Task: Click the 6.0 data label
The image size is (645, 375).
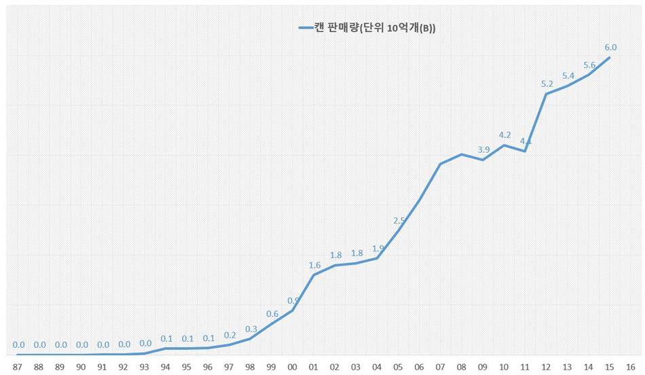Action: tap(610, 48)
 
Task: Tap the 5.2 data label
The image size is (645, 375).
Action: tap(547, 84)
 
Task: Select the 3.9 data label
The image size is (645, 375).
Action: tap(483, 149)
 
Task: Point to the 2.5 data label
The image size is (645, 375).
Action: tap(399, 221)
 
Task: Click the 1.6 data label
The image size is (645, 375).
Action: tap(314, 265)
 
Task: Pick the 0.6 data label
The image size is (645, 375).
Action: tap(272, 314)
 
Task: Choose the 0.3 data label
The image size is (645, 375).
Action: tap(251, 329)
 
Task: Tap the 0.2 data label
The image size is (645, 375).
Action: tap(229, 335)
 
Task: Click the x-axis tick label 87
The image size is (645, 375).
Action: tap(18, 368)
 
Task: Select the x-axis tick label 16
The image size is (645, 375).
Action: tap(631, 368)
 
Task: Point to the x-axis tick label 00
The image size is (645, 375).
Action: tap(293, 368)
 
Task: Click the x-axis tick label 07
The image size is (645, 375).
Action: tap(441, 368)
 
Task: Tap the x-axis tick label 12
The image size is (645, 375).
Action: tap(547, 368)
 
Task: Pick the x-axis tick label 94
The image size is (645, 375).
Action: tap(166, 368)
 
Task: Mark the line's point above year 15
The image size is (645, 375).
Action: tap(610, 57)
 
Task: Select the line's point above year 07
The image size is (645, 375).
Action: tap(441, 164)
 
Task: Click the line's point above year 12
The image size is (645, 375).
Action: tap(547, 93)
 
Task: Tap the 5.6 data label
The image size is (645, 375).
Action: tap(589, 65)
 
